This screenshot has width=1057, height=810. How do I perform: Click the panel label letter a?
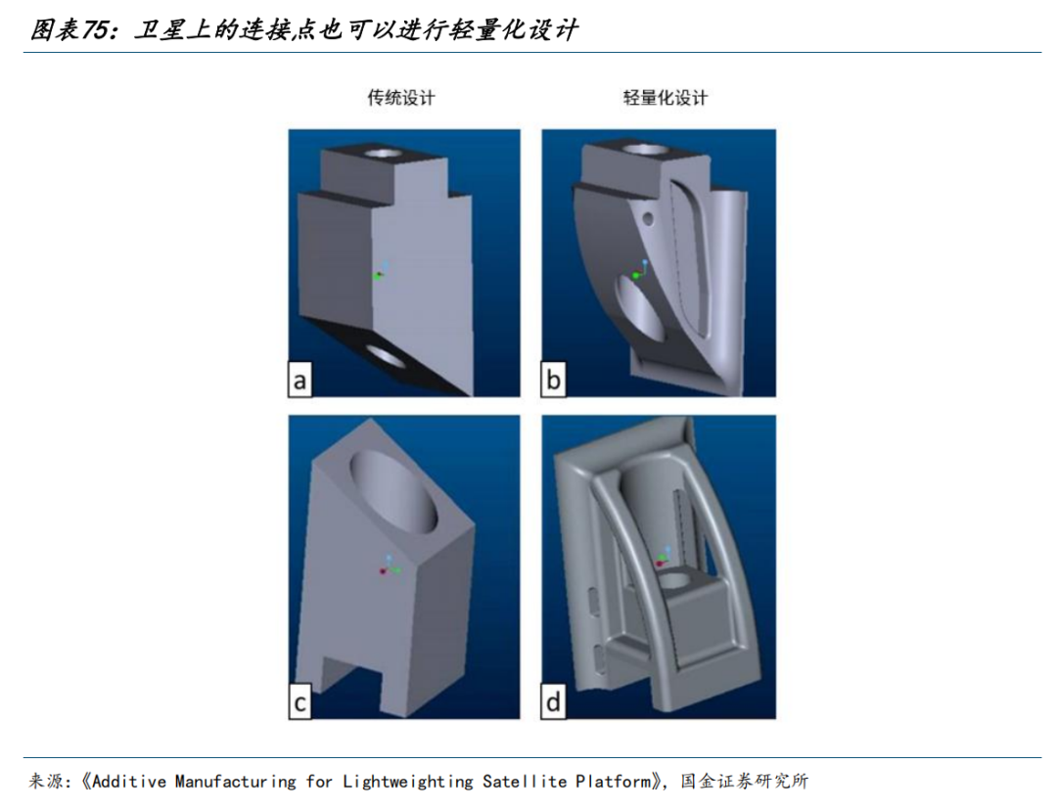click(x=300, y=381)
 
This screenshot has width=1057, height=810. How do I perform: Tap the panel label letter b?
click(x=553, y=381)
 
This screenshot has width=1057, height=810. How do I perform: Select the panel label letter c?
click(x=300, y=702)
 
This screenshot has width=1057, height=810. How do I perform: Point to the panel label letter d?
click(x=553, y=702)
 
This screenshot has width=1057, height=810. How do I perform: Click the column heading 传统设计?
click(x=401, y=98)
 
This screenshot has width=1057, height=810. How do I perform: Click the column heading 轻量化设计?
click(x=666, y=98)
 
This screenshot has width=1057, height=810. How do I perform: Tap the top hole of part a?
click(x=383, y=153)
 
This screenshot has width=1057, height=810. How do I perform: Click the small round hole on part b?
click(x=649, y=218)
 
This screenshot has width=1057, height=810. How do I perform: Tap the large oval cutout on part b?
click(x=638, y=308)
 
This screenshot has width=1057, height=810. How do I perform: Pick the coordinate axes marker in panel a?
click(x=380, y=271)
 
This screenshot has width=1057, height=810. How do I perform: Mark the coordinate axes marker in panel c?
click(x=390, y=565)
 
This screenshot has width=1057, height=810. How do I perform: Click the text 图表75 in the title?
click(x=70, y=29)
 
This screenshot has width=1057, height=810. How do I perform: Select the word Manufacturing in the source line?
click(x=235, y=782)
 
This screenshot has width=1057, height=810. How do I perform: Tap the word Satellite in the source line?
click(x=525, y=782)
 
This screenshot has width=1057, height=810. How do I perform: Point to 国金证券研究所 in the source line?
click(x=744, y=781)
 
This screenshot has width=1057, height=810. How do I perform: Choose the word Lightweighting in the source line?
click(x=408, y=782)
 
